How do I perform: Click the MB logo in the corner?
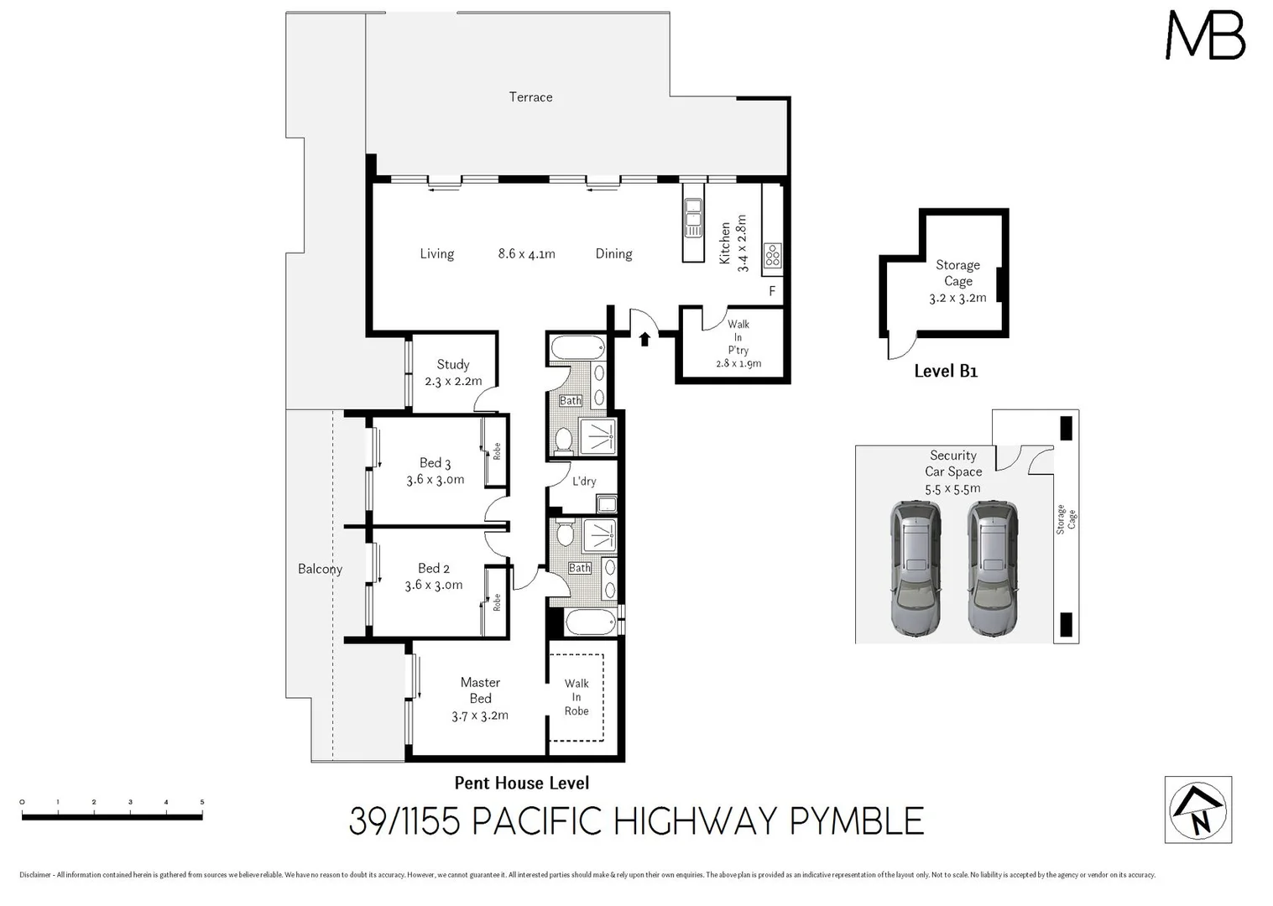pyautogui.click(x=1205, y=36)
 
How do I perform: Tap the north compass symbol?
pyautogui.click(x=1198, y=810)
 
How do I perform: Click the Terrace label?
pyautogui.click(x=530, y=97)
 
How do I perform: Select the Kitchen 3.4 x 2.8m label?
pyautogui.click(x=733, y=243)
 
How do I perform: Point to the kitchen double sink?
pyautogui.click(x=693, y=217)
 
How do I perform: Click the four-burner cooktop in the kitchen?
pyautogui.click(x=773, y=255)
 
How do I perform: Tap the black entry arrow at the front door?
pyautogui.click(x=644, y=338)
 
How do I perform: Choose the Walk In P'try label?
pyautogui.click(x=738, y=343)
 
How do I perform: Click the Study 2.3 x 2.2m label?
pyautogui.click(x=453, y=372)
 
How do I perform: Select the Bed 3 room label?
pyautogui.click(x=435, y=471)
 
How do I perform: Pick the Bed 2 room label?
pyautogui.click(x=433, y=576)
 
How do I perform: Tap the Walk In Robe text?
pyautogui.click(x=577, y=697)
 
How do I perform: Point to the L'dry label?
pyautogui.click(x=584, y=482)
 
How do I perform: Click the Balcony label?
pyautogui.click(x=320, y=569)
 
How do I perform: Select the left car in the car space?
pyautogui.click(x=916, y=567)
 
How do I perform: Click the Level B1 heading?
pyautogui.click(x=946, y=371)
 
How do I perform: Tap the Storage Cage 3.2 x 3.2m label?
pyautogui.click(x=957, y=281)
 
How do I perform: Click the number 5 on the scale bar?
pyautogui.click(x=202, y=802)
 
